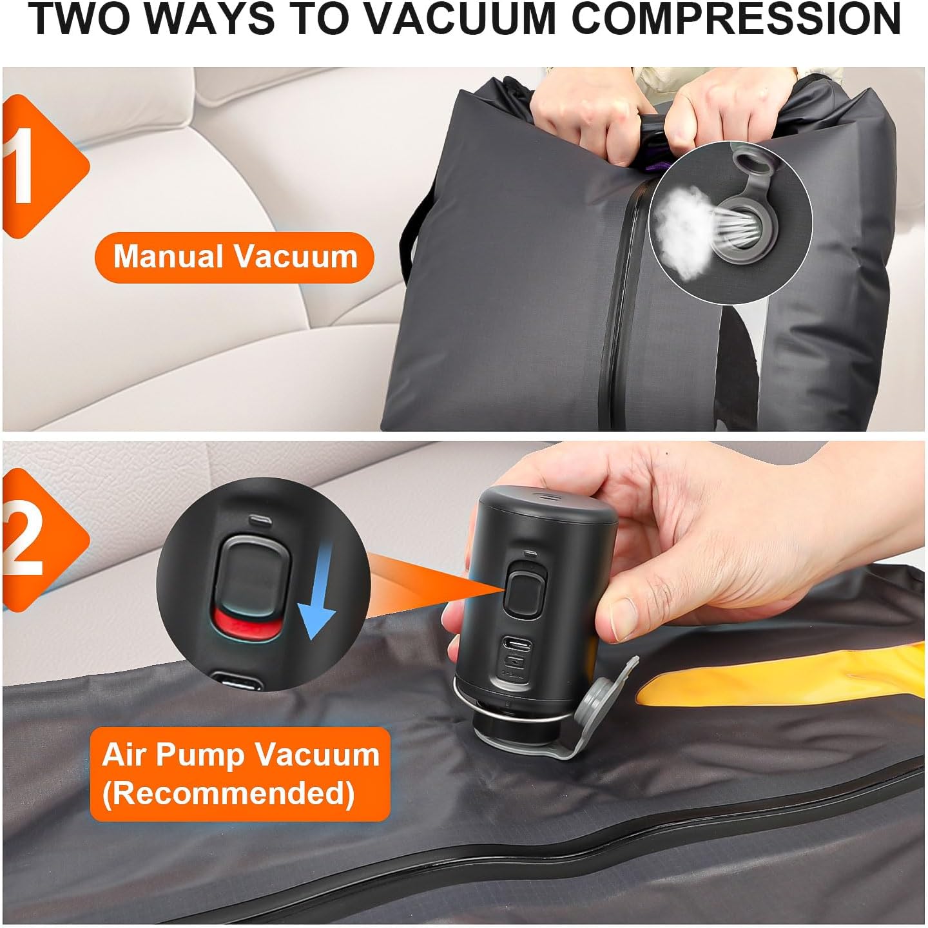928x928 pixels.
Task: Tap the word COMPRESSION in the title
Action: [x=735, y=20]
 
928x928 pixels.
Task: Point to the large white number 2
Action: [x=24, y=540]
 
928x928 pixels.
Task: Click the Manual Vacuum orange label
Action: [x=235, y=256]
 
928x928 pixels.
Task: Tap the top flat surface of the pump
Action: [x=545, y=499]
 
